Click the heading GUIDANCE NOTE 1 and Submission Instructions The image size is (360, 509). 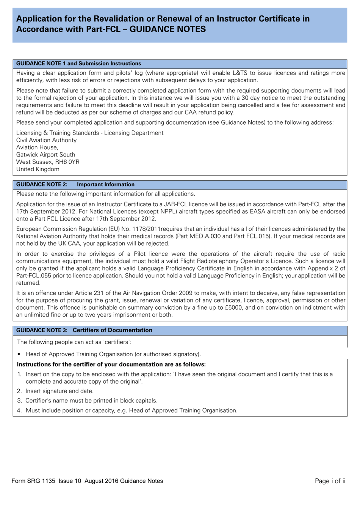pos(78,64)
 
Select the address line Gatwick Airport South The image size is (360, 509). pos(45,155)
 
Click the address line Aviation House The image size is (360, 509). pos(37,147)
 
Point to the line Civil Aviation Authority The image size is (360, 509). pos(46,140)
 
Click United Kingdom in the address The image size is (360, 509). pos(38,169)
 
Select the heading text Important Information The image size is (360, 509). pos(106,185)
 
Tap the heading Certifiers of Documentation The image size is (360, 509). pos(113,330)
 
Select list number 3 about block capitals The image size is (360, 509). pos(19,401)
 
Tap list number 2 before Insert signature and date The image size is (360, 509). pos(19,391)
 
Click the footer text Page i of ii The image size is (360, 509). pos(330,481)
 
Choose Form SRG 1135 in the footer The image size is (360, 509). pos(33,481)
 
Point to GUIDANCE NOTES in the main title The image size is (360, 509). pos(167,29)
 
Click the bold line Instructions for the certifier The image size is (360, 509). pos(111,364)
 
